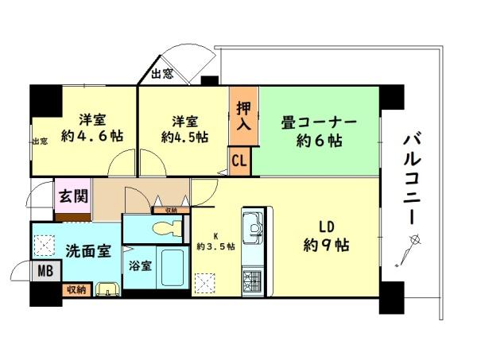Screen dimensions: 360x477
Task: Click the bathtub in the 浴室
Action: click(x=169, y=270)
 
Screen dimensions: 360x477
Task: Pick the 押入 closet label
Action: click(x=244, y=115)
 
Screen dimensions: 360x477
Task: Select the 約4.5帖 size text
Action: click(x=184, y=136)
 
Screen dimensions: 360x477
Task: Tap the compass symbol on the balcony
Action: click(x=409, y=250)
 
